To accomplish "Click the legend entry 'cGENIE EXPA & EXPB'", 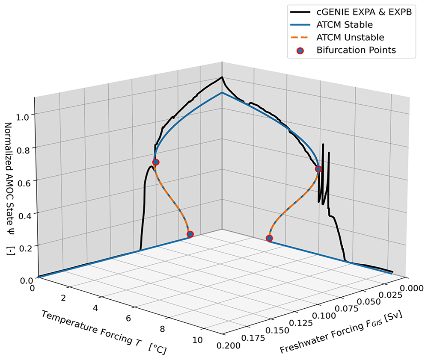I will click(x=364, y=12).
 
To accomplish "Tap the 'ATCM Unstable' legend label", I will click(x=350, y=37).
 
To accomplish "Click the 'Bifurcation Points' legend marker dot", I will click(x=300, y=50).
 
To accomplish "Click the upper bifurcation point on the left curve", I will click(x=156, y=162).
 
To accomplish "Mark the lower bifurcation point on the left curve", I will click(x=190, y=234).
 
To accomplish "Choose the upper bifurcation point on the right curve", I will click(x=318, y=169).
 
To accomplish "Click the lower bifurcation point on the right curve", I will click(x=269, y=238).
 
